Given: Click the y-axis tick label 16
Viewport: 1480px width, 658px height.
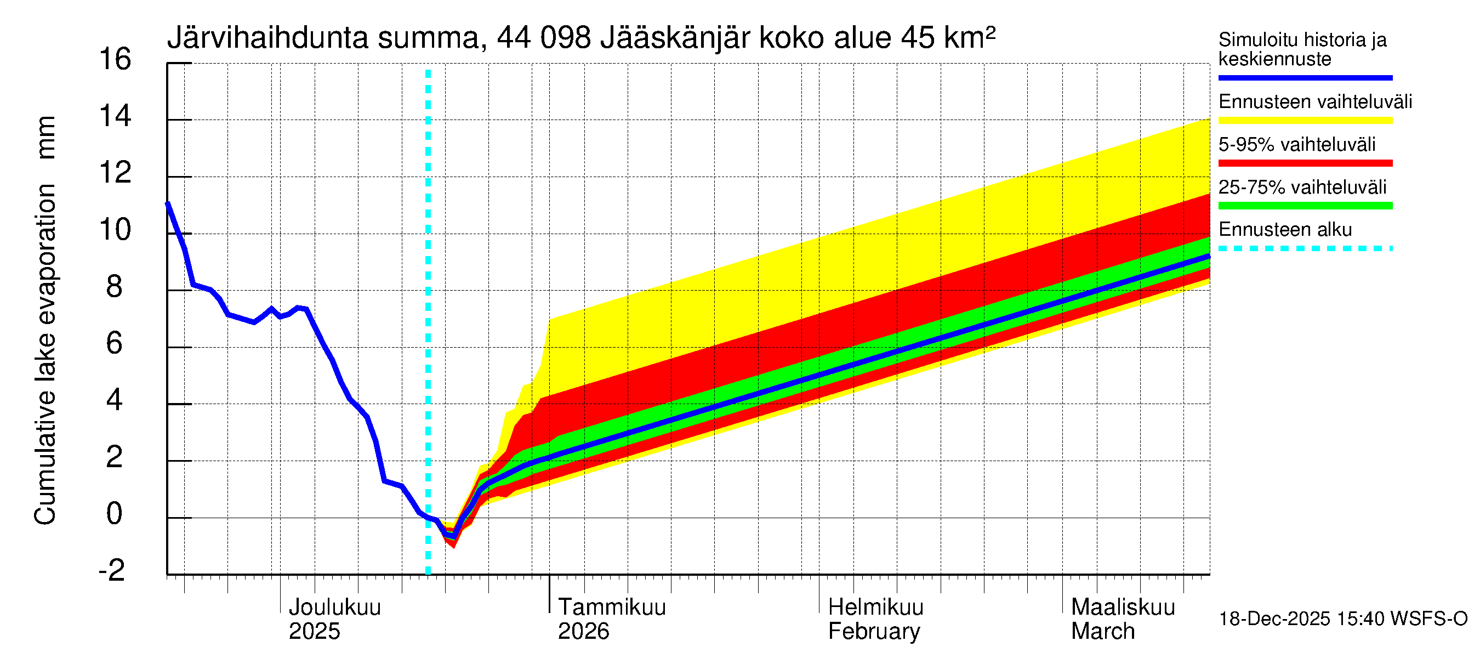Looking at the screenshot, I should [x=115, y=60].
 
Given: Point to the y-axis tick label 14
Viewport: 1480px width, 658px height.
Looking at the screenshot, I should [x=115, y=117].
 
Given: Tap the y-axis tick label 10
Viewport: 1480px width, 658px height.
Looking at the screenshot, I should [x=115, y=230].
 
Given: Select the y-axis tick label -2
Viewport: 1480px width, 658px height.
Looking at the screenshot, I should [x=111, y=571].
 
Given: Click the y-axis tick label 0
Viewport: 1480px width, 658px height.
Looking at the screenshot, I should [x=115, y=514].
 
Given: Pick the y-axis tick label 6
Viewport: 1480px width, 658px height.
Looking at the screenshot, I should [x=115, y=344].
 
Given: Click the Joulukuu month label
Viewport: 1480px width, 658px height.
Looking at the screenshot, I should [x=334, y=608].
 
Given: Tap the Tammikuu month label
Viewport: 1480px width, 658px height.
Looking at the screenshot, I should [x=612, y=608].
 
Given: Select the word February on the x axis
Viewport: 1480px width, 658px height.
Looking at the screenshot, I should [x=874, y=632].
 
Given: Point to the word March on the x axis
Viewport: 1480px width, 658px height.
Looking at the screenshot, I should [x=1102, y=632].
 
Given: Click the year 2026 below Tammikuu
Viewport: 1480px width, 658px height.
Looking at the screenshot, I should [x=583, y=632].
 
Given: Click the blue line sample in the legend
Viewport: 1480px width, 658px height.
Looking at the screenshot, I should [x=1305, y=77].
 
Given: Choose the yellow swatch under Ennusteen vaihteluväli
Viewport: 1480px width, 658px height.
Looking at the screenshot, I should [x=1305, y=121].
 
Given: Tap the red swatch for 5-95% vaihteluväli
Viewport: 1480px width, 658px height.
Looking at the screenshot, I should [x=1305, y=163].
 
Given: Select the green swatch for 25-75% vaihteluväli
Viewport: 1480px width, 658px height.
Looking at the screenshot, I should [x=1305, y=206].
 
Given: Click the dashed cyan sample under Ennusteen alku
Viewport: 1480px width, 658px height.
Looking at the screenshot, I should [x=1305, y=249].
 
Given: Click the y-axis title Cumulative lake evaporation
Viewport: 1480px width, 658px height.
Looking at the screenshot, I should [x=45, y=354].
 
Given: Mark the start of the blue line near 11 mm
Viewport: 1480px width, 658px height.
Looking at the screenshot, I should [x=167, y=203].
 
